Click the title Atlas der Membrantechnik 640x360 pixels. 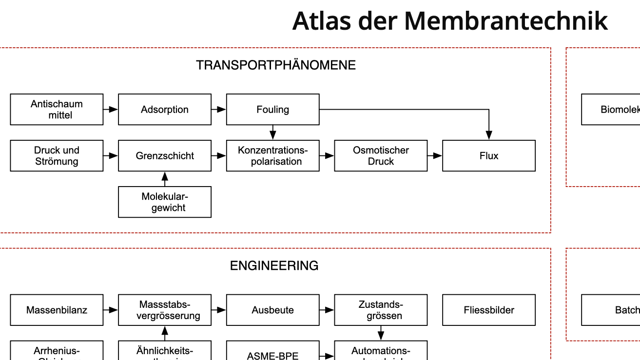[449, 21]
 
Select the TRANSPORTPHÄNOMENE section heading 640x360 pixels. [276, 65]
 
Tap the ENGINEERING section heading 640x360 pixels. [274, 266]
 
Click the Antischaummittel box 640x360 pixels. [57, 110]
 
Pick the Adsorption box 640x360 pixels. [165, 110]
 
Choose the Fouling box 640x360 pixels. [272, 110]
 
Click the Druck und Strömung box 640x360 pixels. [57, 156]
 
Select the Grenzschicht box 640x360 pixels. [165, 156]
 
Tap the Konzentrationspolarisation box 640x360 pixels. [272, 156]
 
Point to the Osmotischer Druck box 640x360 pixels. [381, 156]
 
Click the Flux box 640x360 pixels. [488, 156]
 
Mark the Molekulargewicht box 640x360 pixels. [165, 202]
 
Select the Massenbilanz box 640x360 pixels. [57, 310]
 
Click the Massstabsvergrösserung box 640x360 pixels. [165, 310]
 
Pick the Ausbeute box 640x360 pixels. [272, 310]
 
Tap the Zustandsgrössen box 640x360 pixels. [381, 310]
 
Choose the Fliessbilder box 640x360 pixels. [488, 310]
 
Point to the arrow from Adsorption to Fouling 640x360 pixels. [219, 110]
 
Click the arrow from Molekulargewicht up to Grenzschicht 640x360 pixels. [165, 179]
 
